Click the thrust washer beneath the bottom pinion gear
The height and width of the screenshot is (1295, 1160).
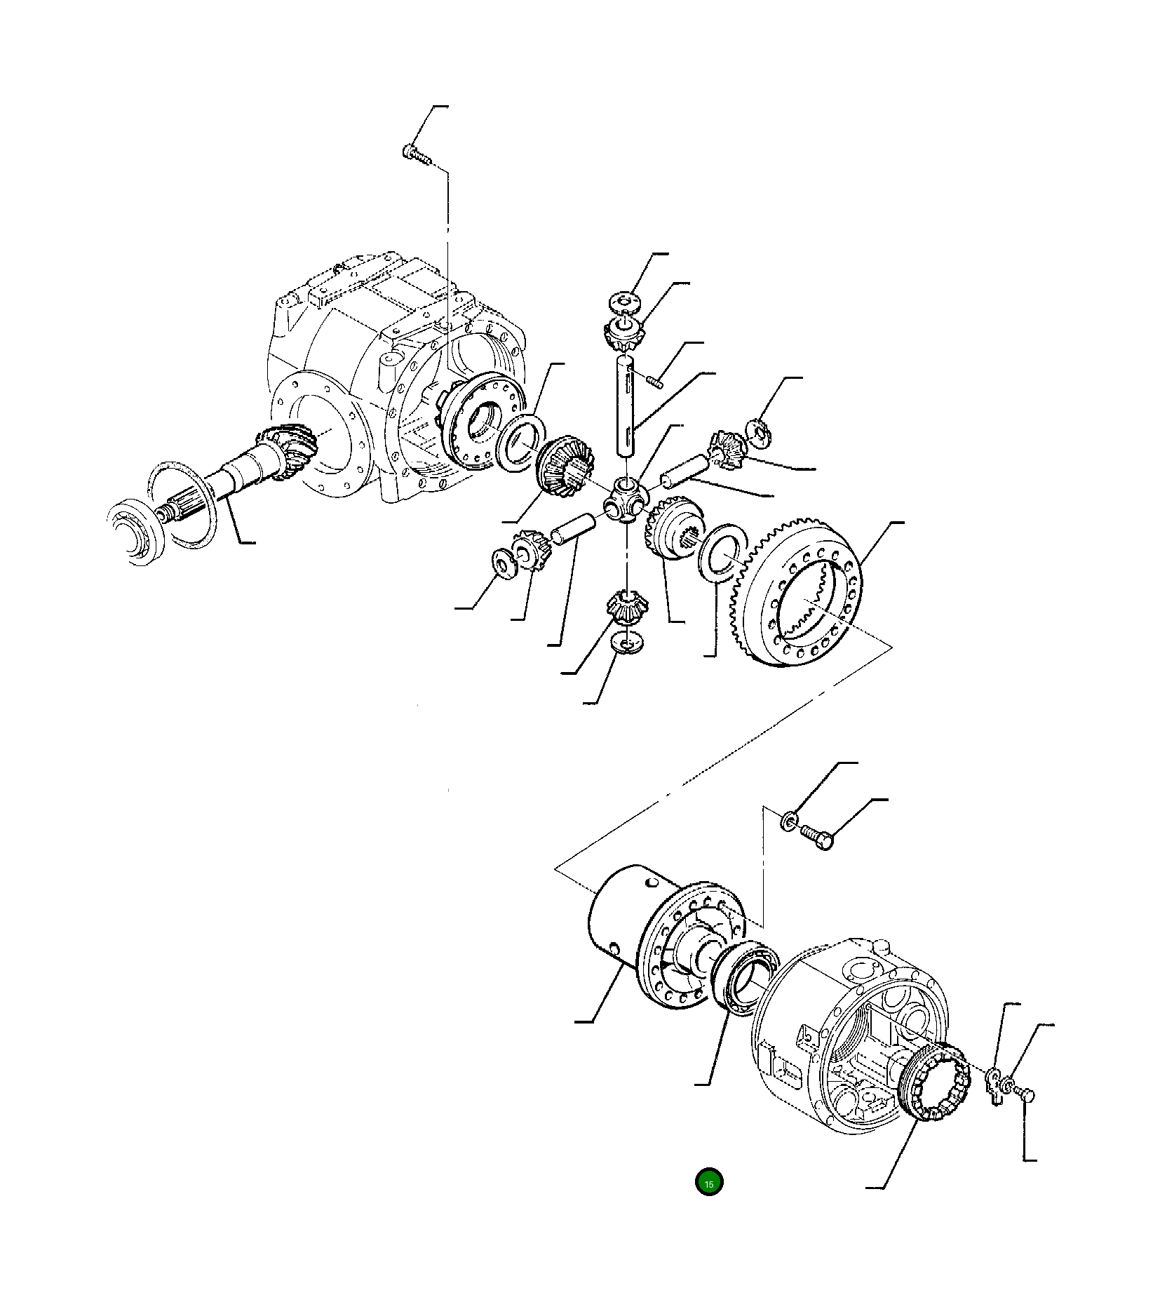pyautogui.click(x=626, y=642)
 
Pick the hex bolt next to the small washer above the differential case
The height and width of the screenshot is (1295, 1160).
pyautogui.click(x=817, y=836)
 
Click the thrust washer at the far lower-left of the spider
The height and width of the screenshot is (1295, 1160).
pyautogui.click(x=502, y=563)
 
